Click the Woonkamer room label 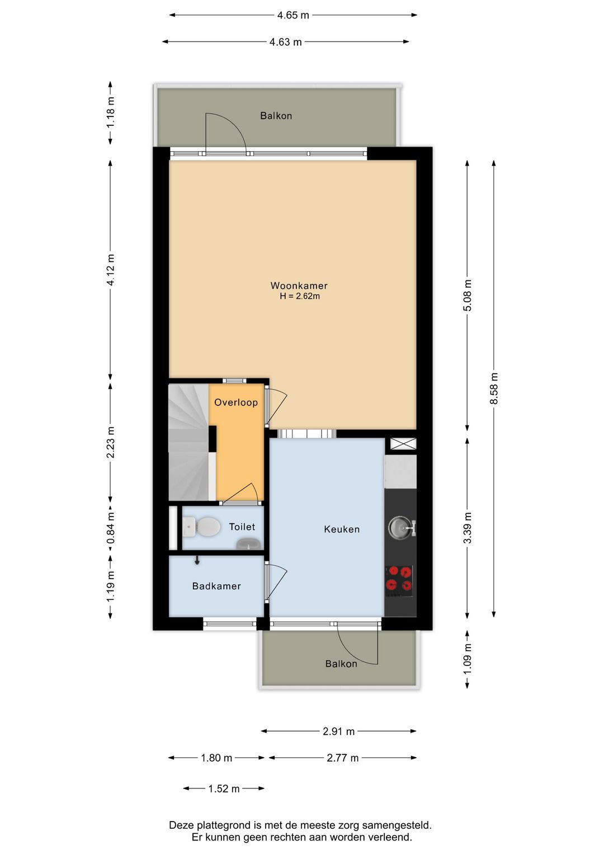[299, 285]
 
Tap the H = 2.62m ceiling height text [300, 297]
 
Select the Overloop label [236, 402]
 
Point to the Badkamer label [216, 586]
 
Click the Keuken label [342, 529]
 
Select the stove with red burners [399, 579]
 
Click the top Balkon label [276, 116]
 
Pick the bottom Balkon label [341, 664]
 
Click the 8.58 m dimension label [494, 388]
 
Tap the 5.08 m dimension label [468, 295]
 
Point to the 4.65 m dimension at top [293, 15]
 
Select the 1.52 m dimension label [224, 789]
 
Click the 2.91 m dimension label [338, 731]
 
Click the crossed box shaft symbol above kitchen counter [403, 444]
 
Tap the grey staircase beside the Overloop [188, 442]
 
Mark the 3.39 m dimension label [468, 528]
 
